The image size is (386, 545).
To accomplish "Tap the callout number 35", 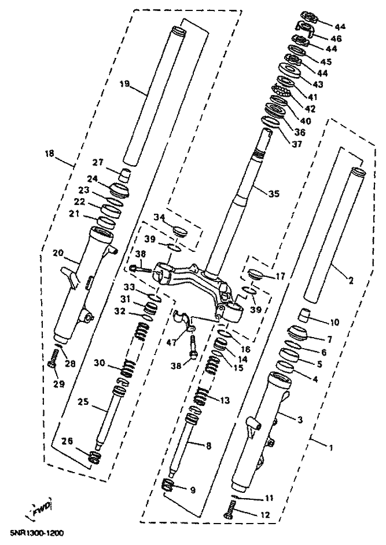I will pos(273,193).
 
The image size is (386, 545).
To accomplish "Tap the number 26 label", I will pos(68,441).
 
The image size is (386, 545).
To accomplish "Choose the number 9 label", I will pos(193,490).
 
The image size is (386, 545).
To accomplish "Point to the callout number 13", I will pos(223,399).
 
